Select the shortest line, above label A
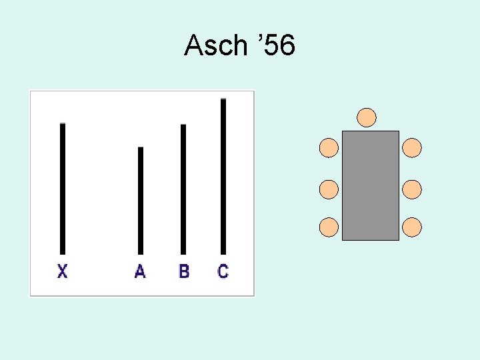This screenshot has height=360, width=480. [141, 200]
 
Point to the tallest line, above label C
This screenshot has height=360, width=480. [223, 176]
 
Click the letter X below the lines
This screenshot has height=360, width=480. [63, 271]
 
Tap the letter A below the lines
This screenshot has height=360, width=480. [140, 271]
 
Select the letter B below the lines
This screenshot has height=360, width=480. [184, 271]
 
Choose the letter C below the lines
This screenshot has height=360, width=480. [223, 271]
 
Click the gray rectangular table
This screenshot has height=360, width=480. [371, 185]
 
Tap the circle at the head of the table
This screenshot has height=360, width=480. [367, 118]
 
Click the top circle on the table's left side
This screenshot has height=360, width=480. [329, 148]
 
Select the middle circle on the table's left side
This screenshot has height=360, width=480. [329, 189]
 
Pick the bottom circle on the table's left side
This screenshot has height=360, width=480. [329, 227]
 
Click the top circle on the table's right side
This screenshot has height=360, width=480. [413, 148]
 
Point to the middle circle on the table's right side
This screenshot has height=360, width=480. [413, 189]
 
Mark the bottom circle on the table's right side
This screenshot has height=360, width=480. [413, 227]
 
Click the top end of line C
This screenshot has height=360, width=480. [223, 100]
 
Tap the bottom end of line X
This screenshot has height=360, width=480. [63, 252]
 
